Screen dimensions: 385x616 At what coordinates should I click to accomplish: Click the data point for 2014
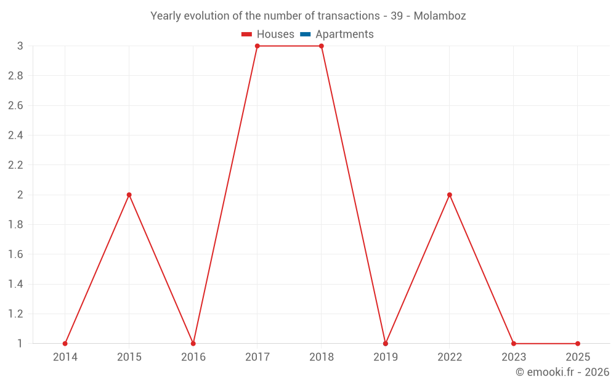pyautogui.click(x=65, y=344)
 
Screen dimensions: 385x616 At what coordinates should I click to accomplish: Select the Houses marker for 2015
pyautogui.click(x=129, y=195)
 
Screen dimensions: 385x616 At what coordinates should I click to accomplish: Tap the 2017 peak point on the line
pyautogui.click(x=257, y=46)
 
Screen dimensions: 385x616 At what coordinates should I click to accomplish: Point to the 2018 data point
pyautogui.click(x=321, y=46)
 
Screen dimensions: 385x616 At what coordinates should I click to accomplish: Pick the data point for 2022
pyautogui.click(x=449, y=195)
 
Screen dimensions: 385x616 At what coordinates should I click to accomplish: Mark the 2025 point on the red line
pyautogui.click(x=577, y=344)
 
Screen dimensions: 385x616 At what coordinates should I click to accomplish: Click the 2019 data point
pyautogui.click(x=385, y=344)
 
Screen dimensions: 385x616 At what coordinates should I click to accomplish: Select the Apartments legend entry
pyautogui.click(x=344, y=34)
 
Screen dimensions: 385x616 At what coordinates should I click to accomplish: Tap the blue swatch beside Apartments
pyautogui.click(x=306, y=34)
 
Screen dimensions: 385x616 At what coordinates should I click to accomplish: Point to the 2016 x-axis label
pyautogui.click(x=193, y=357)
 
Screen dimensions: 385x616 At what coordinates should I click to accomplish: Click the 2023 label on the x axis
pyautogui.click(x=513, y=357)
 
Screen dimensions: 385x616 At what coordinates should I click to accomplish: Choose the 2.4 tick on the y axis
pyautogui.click(x=15, y=136)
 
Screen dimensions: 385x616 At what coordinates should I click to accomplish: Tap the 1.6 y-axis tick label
pyautogui.click(x=15, y=254)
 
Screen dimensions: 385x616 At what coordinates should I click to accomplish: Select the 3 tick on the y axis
pyautogui.click(x=20, y=46)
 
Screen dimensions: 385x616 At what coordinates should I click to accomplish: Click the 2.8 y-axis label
pyautogui.click(x=15, y=76)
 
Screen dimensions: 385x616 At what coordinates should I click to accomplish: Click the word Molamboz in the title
pyautogui.click(x=440, y=16)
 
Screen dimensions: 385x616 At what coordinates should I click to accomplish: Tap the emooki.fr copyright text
pyautogui.click(x=562, y=372)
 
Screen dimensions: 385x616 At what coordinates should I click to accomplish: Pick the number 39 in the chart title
pyautogui.click(x=397, y=16)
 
